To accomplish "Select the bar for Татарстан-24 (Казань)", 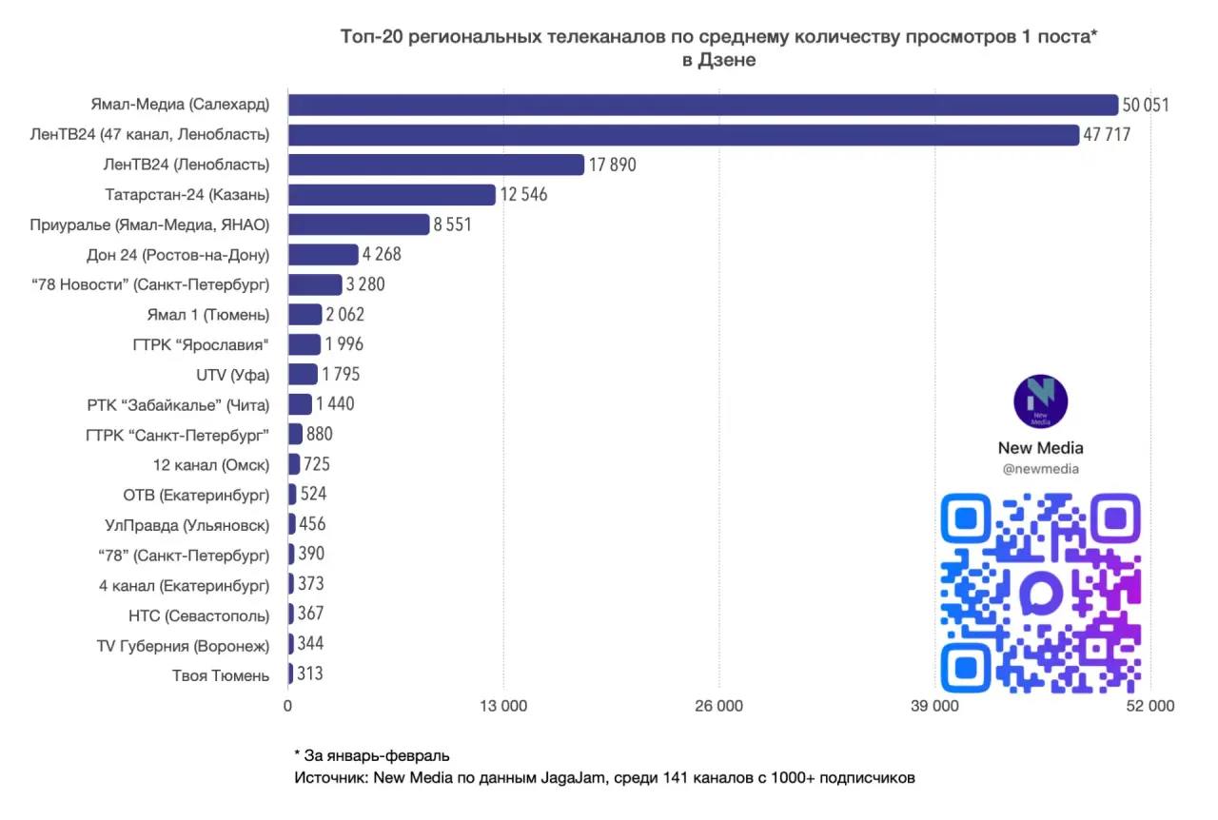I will [x=391, y=195].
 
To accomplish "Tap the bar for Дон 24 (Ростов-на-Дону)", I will [x=323, y=255].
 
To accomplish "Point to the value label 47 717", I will [x=1106, y=135].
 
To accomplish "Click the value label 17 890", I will [x=612, y=166].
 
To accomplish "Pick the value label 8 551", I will [x=453, y=225].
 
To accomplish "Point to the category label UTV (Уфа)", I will [x=232, y=375].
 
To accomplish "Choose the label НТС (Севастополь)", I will [x=198, y=615].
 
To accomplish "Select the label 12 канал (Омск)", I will [x=210, y=465].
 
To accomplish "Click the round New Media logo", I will [x=1040, y=401].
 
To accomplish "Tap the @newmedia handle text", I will [x=1040, y=469].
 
